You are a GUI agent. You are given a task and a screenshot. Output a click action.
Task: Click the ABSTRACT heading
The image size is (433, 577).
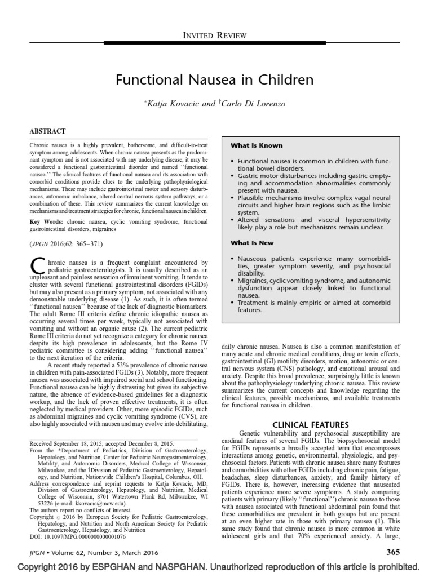[47, 131]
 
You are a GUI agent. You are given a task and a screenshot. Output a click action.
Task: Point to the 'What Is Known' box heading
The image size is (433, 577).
[257, 145]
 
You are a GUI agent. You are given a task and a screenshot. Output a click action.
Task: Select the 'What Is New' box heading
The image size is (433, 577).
[252, 243]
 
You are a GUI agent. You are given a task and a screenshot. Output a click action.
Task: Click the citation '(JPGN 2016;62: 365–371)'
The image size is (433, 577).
[66, 245]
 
